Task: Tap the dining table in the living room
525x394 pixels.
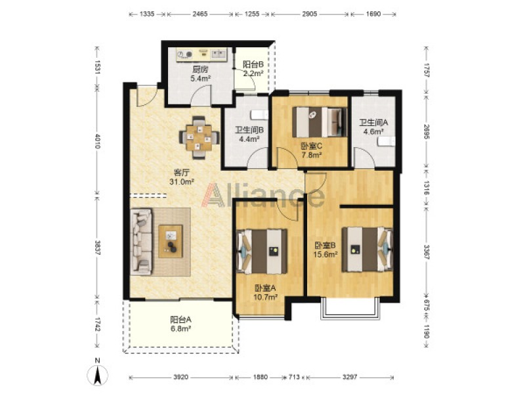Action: point(199,137)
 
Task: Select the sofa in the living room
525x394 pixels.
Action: point(141,242)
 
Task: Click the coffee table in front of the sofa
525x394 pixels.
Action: point(171,242)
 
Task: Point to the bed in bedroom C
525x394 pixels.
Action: point(320,122)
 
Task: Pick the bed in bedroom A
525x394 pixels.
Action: point(262,251)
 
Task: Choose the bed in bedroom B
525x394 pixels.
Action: point(367,250)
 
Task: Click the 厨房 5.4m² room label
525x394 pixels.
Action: point(200,74)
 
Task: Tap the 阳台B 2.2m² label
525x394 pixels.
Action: point(253,69)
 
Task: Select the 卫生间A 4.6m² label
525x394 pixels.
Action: point(373,127)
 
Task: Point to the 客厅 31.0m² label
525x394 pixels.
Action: point(182,177)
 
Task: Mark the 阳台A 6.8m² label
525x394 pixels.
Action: point(180,324)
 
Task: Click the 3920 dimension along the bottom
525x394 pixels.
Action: point(181,377)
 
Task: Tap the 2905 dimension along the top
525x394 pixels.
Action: point(310,14)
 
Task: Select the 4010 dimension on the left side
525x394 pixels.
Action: point(97,141)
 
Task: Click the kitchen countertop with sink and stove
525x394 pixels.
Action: point(202,55)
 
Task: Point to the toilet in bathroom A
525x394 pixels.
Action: point(387,142)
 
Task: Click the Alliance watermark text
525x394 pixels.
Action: point(263,195)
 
